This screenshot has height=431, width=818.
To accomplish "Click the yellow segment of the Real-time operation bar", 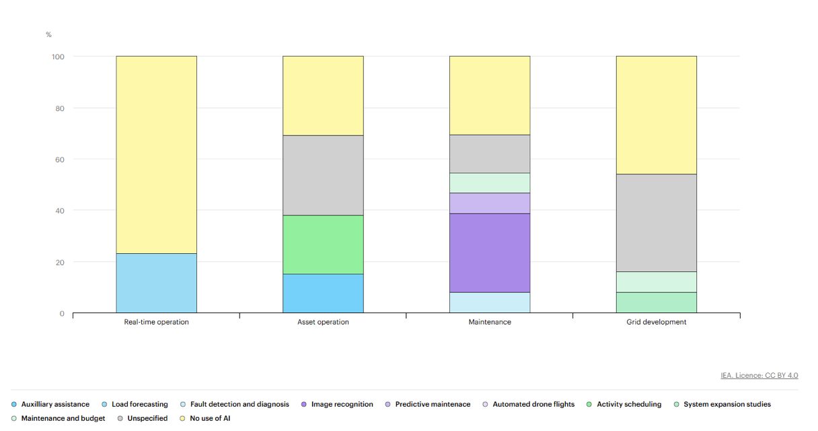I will coord(156,155).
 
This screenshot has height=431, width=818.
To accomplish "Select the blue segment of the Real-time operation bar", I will coord(156,283).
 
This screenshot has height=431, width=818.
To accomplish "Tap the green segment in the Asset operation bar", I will coord(323,244).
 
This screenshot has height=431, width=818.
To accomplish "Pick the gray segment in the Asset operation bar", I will coord(323,175).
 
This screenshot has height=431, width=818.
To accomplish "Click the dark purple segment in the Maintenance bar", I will coord(489,253).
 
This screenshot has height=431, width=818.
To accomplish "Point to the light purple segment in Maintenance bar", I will coord(489,203).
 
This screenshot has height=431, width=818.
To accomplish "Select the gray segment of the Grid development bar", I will coord(656,222).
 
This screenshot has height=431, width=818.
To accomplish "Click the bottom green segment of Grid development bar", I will coord(656,302).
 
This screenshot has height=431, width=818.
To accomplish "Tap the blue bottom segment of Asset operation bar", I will coord(323,293).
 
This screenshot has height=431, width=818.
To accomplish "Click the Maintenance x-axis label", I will coord(489,322).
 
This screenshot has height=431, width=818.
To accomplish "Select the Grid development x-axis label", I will coord(656,322).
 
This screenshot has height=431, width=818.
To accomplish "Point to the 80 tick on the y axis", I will coord(59,108).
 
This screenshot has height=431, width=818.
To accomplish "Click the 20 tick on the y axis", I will coord(59,262).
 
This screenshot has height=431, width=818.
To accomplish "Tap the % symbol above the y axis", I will coord(48,34).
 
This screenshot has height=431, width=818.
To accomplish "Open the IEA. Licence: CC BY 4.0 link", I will coord(759,375).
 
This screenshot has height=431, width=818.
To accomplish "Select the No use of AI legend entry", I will coord(209,418).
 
